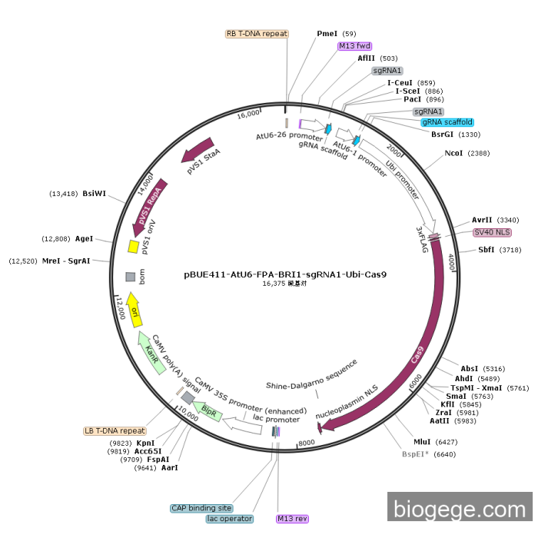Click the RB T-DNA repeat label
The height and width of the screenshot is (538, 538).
click(257, 34)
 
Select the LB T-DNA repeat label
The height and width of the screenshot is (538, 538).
click(115, 431)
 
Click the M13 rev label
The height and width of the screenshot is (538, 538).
click(292, 519)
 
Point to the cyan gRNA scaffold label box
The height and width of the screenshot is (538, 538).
click(447, 122)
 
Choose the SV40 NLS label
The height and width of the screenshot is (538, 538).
click(493, 232)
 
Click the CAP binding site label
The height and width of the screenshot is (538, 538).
click(201, 508)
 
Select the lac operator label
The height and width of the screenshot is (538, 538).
click(229, 519)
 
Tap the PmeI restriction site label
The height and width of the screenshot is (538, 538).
click(327, 34)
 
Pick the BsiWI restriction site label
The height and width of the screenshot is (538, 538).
click(94, 194)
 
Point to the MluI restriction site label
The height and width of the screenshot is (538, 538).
click(423, 442)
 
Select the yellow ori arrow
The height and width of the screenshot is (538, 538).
click(134, 309)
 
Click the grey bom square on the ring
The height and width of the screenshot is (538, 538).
click(131, 276)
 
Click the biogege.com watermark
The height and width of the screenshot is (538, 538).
click(460, 509)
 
